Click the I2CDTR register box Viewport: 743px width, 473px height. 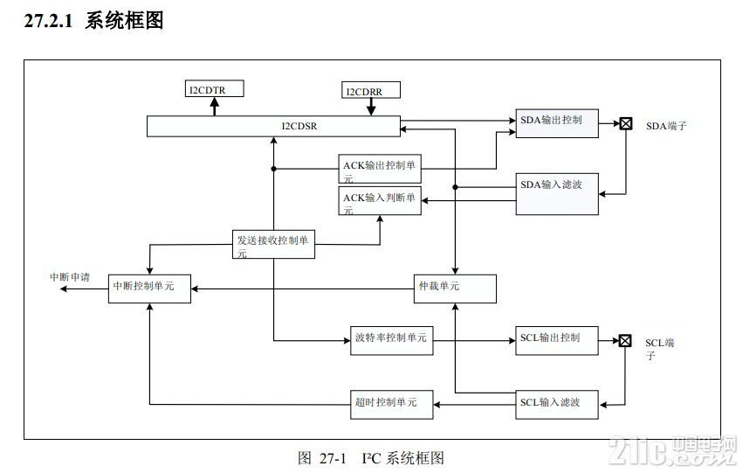tap(214, 88)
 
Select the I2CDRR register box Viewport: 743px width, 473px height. tap(371, 90)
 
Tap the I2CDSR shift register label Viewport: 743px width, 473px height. tap(299, 126)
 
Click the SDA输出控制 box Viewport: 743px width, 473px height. tap(557, 123)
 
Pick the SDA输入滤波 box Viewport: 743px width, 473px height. tap(557, 194)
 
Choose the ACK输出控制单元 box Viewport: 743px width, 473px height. tap(380, 169)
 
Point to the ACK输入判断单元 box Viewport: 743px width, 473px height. tap(380, 201)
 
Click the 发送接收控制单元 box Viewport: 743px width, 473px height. tap(273, 244)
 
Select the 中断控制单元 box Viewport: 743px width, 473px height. tap(150, 289)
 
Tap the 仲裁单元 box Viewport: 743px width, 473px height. tap(455, 289)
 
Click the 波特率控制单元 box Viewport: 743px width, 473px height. tap(391, 341)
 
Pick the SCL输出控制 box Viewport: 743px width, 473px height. tap(557, 341)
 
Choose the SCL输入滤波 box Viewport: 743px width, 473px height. tap(557, 405)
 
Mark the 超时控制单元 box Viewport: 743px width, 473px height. tap(391, 405)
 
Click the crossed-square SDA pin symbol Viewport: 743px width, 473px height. tap(626, 124)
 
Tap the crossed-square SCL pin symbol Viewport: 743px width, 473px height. tap(625, 341)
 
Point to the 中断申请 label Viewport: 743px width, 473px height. tap(70, 277)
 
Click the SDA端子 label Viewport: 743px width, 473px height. tap(666, 126)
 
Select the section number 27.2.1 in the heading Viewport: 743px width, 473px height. tap(48, 21)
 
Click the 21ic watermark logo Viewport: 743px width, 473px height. tap(672, 450)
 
